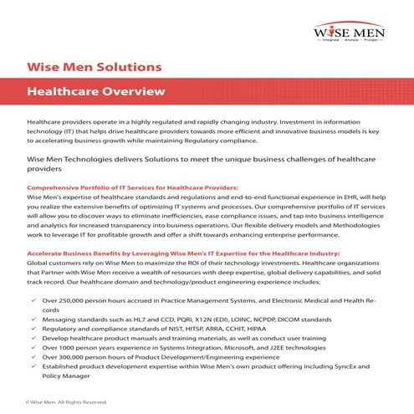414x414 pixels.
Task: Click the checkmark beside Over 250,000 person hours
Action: click(x=31, y=299)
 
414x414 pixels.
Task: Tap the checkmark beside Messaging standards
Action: click(x=31, y=319)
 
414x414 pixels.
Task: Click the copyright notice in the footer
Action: click(x=66, y=401)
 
